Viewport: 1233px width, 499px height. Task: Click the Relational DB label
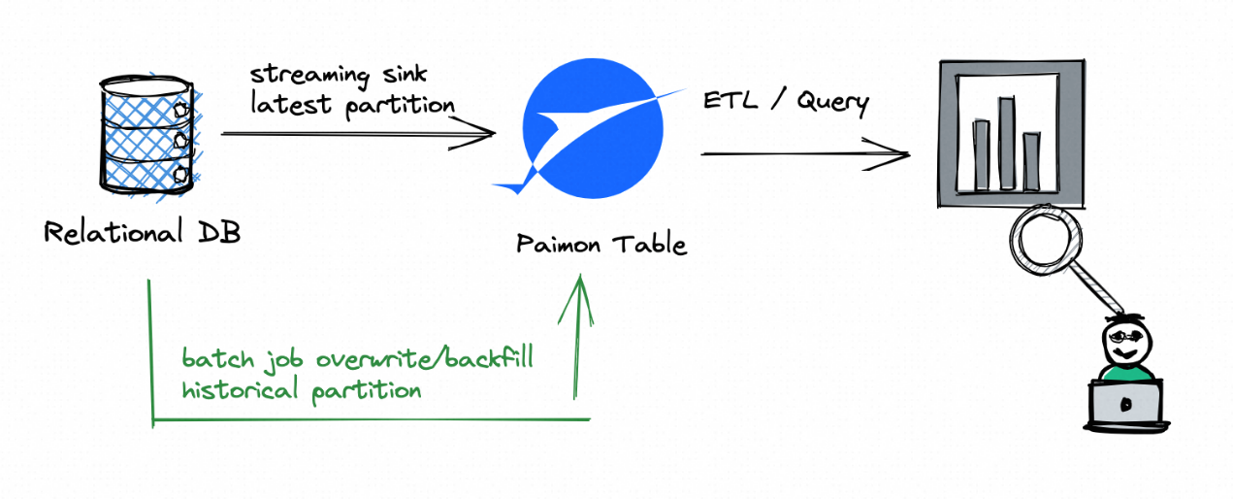(x=142, y=233)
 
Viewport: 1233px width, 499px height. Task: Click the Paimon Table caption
(x=601, y=243)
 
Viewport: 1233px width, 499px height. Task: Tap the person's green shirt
(x=1125, y=372)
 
